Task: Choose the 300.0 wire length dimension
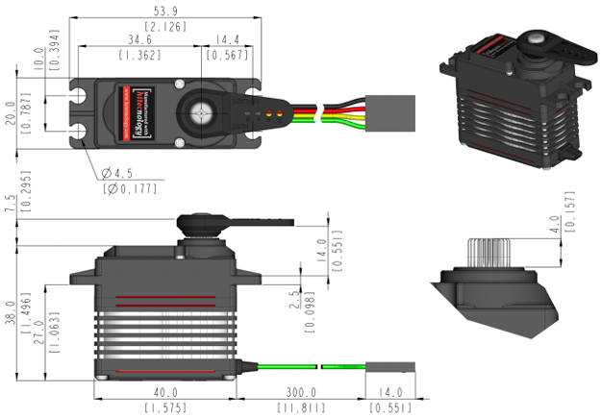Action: tap(298, 393)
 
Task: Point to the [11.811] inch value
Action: tap(298, 407)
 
